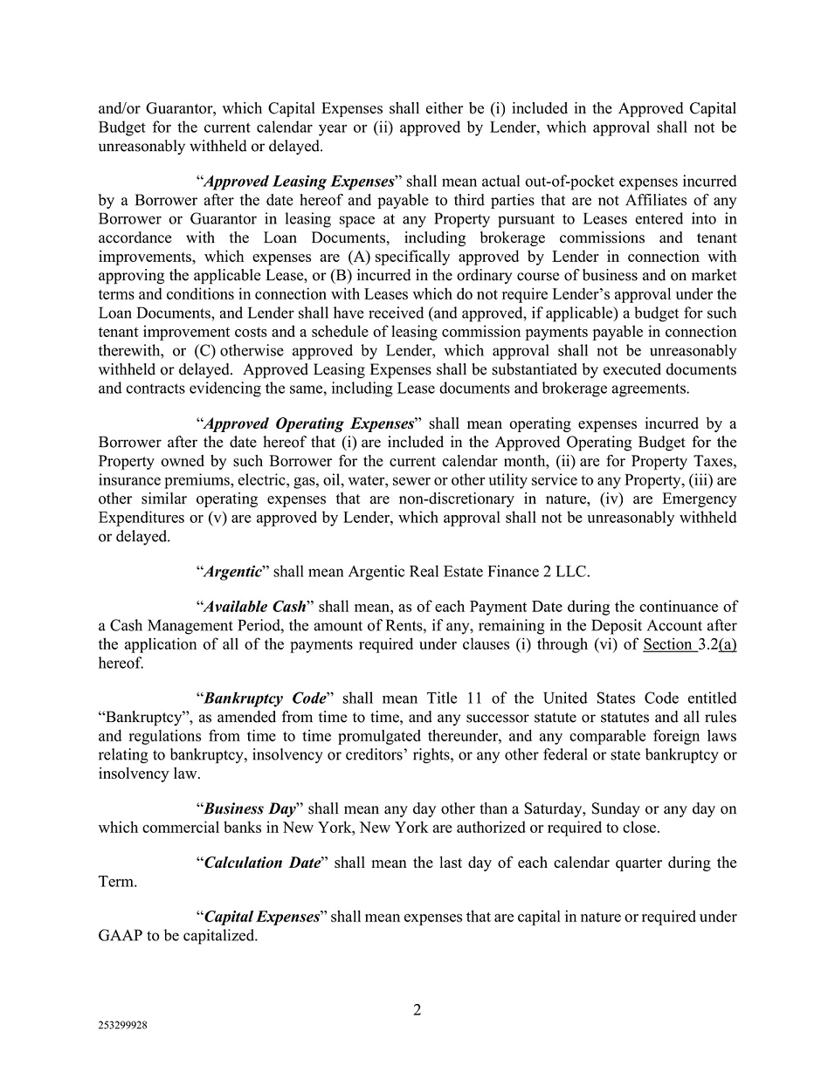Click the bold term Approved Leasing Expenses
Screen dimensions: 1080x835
[299, 182]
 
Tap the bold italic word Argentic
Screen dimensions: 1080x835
[232, 572]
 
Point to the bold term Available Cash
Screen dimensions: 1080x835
[254, 607]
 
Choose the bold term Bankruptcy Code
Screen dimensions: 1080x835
[265, 698]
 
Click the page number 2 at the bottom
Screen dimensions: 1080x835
[417, 1010]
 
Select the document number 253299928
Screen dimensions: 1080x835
[122, 1027]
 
